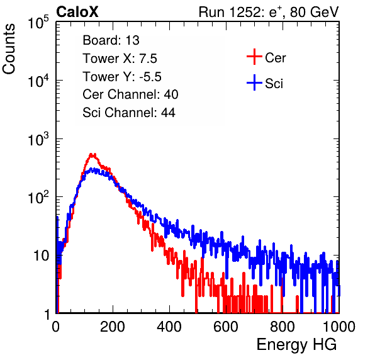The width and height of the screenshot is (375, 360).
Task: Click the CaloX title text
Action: click(x=77, y=12)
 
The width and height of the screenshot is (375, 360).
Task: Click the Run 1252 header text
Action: click(x=269, y=12)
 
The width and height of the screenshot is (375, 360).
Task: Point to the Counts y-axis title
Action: click(x=9, y=49)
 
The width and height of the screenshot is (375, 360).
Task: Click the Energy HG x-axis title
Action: click(x=296, y=345)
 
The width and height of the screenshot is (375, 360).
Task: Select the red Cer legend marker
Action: click(x=254, y=57)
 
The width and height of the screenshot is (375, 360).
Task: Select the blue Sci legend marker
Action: click(x=254, y=82)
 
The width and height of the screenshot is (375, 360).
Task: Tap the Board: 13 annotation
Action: click(x=111, y=40)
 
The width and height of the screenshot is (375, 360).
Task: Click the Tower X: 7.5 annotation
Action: click(x=120, y=59)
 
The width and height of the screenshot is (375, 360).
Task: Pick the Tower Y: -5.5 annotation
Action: click(x=122, y=77)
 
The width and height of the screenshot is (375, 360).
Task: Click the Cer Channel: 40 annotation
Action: click(x=130, y=94)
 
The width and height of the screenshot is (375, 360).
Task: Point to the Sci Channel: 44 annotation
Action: click(x=129, y=113)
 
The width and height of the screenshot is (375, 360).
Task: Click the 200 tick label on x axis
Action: click(x=113, y=327)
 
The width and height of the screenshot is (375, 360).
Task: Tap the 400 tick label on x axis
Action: click(x=169, y=327)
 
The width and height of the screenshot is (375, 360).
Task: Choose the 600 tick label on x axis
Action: click(x=226, y=327)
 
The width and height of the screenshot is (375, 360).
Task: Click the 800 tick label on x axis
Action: click(x=283, y=327)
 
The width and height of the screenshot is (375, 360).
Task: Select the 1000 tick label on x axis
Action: click(x=339, y=327)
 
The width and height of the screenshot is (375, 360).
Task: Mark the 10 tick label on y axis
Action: click(x=42, y=256)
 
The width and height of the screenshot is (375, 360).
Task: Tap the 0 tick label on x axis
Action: click(x=55, y=327)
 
